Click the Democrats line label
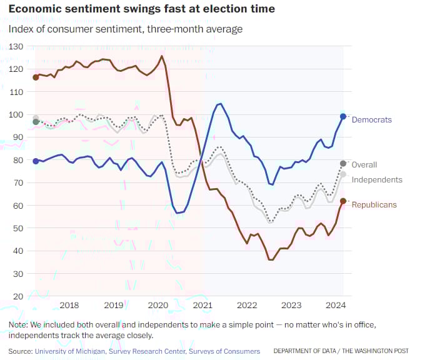coord(371,119)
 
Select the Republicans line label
coord(374,204)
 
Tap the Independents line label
coord(377,179)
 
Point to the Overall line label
coord(364,164)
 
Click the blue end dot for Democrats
coord(343,116)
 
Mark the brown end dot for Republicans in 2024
coord(343,201)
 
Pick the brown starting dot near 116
coord(36,77)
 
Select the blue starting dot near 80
coord(36,161)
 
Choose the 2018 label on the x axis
coord(69,305)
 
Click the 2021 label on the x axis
coord(203,305)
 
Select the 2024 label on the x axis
coord(336,305)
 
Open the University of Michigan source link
coord(71,351)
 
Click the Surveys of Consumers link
coord(224,351)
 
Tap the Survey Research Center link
coord(148,351)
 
